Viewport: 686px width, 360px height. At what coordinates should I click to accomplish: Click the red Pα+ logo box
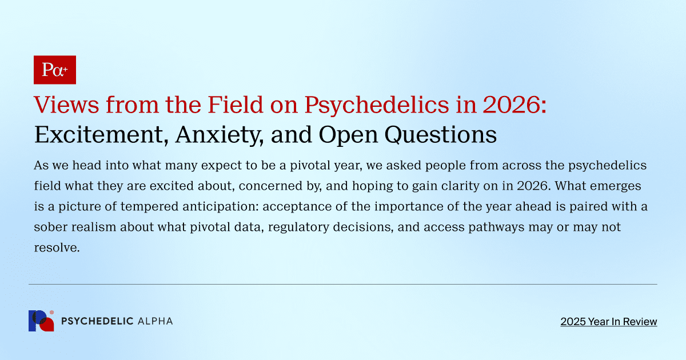(x=55, y=70)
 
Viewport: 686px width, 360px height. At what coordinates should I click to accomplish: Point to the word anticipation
(x=224, y=207)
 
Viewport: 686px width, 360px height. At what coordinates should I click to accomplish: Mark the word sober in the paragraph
(x=50, y=227)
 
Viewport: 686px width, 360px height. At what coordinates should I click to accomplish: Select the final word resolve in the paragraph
(x=55, y=248)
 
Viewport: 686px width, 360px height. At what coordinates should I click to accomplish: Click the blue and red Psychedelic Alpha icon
(x=41, y=321)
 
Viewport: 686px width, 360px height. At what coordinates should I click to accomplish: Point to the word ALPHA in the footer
(x=155, y=321)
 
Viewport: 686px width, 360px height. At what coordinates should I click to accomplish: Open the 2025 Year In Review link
(x=608, y=322)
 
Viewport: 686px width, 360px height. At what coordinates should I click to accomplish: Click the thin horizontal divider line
(x=343, y=284)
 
